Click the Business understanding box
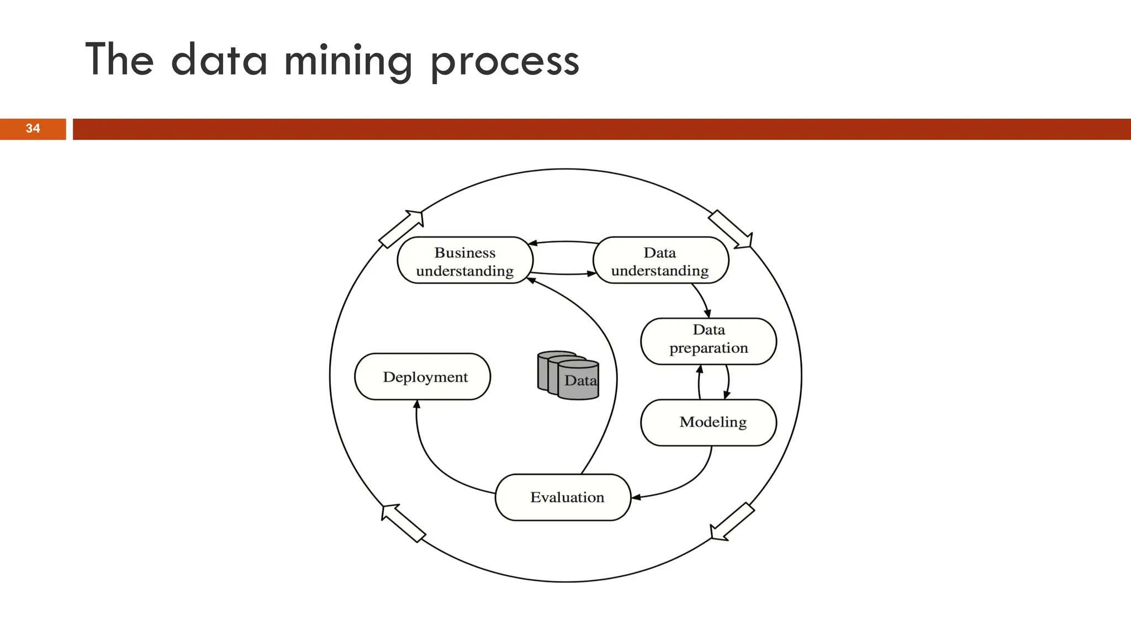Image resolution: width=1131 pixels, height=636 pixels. [x=465, y=261]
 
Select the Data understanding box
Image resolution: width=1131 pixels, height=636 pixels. [x=660, y=261]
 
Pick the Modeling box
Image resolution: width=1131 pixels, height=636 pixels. [x=709, y=422]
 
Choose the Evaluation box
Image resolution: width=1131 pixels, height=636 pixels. [x=563, y=497]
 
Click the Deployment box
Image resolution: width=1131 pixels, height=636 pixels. [x=422, y=377]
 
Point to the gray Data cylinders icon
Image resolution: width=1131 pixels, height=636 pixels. [x=568, y=375]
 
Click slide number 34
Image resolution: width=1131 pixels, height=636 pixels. [x=33, y=129]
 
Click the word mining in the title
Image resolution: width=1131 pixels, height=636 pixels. [x=347, y=61]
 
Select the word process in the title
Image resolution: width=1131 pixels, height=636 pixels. [x=505, y=62]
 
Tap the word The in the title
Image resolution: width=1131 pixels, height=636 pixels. [x=119, y=59]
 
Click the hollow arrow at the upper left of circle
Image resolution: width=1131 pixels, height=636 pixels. [x=402, y=228]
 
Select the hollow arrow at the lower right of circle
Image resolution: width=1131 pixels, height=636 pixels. [x=732, y=522]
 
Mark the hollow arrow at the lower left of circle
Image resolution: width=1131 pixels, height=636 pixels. [x=403, y=522]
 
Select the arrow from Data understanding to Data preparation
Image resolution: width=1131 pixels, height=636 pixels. [x=702, y=300]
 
